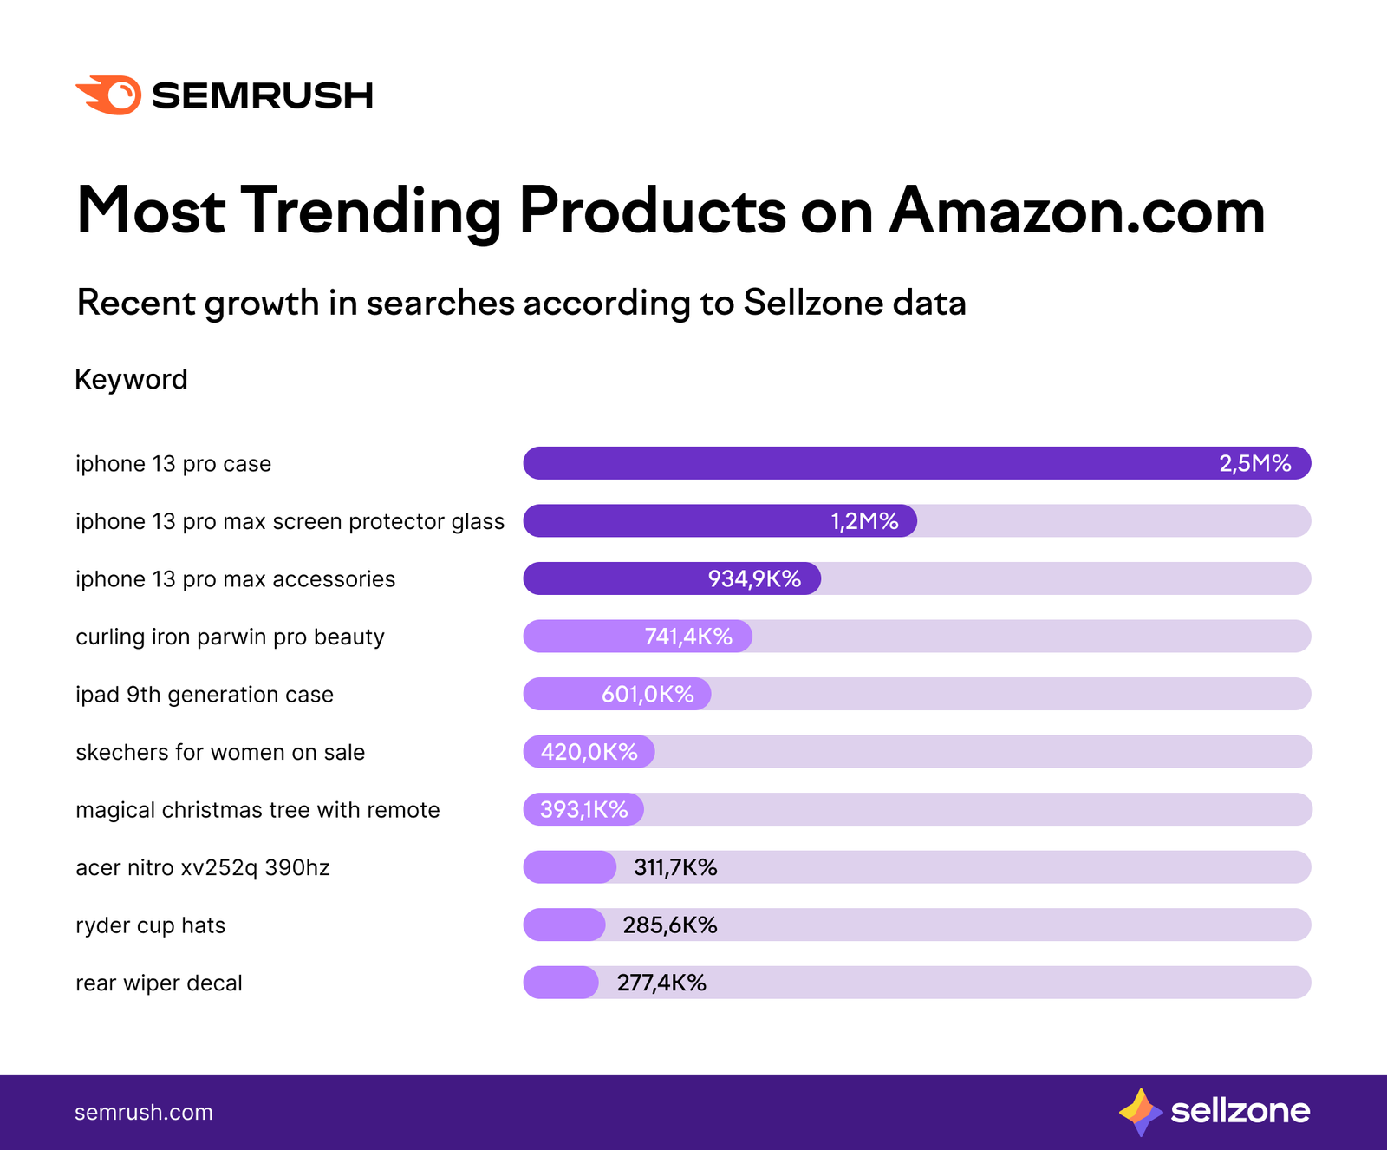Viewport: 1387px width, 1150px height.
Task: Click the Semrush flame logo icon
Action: pos(109,95)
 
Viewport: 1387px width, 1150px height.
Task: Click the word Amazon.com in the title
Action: pos(1077,211)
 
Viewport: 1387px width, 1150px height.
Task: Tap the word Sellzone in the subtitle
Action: pos(811,303)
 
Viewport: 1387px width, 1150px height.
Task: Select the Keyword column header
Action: pos(131,380)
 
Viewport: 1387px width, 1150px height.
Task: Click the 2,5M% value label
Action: pos(1254,463)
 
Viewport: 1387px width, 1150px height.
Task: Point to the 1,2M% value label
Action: pos(864,521)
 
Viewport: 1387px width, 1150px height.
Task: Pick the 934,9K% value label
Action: pos(754,578)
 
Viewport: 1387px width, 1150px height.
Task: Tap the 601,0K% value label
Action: pos(648,695)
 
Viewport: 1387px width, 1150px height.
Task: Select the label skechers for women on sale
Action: pos(220,752)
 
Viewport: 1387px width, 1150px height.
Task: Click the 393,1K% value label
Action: pos(583,810)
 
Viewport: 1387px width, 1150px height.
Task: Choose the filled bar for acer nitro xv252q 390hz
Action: pos(569,867)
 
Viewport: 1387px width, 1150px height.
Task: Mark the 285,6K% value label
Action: pos(669,925)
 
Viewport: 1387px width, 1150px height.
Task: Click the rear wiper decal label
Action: pos(159,983)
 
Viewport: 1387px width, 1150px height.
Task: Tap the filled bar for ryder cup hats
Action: pos(563,925)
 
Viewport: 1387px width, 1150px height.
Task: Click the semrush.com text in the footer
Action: pos(143,1113)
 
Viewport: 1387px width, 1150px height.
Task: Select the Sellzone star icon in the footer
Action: pos(1140,1112)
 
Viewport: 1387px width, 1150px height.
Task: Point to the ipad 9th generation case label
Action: pos(205,695)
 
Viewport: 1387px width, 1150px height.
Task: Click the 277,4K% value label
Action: pos(661,983)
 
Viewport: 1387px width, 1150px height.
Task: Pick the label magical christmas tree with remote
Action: pos(257,810)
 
